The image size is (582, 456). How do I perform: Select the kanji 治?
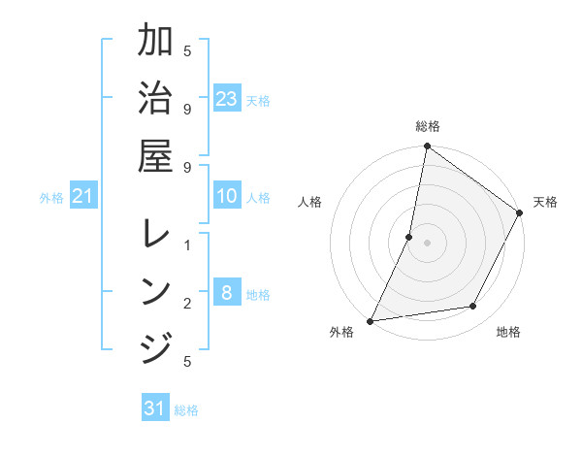pos(155,98)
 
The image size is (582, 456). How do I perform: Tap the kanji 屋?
pos(155,155)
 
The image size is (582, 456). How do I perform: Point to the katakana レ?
pos(155,235)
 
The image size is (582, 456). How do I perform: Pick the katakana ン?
pos(155,291)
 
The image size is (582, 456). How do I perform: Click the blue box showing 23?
pos(227,98)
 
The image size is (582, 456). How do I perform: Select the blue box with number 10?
pos(227,197)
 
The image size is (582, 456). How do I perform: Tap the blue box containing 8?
pos(227,292)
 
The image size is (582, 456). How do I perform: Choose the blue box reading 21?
pos(83,197)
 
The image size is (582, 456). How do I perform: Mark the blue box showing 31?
pos(155,408)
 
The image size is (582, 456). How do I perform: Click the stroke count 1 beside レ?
pos(187,244)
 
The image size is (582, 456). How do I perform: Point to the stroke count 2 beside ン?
pos(187,304)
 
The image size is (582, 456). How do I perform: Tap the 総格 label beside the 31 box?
pos(186,410)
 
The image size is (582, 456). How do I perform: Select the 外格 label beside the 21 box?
pos(51,198)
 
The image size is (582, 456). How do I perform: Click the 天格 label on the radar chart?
pos(545,202)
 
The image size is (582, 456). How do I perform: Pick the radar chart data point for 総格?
pos(427,147)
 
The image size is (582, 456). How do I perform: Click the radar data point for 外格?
pos(370,320)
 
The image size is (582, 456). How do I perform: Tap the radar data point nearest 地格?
pos(473,307)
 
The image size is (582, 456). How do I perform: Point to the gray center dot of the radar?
pos(427,242)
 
